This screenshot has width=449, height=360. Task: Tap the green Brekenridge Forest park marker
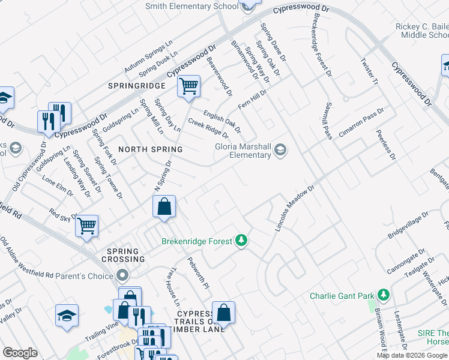[x=241, y=241]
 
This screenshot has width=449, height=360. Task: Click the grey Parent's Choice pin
[x=123, y=276]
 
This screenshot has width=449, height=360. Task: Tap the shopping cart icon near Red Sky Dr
[x=87, y=226]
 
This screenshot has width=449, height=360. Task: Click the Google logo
[x=20, y=353]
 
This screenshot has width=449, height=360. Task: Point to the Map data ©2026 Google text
[x=412, y=355]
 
